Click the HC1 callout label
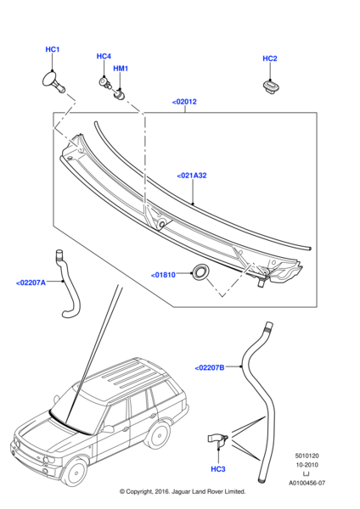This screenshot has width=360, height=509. [x=53, y=50]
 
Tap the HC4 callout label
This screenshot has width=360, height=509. [x=104, y=57]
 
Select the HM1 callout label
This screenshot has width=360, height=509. [x=121, y=69]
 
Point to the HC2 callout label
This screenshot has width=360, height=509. [x=270, y=59]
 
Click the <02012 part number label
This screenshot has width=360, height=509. [x=184, y=102]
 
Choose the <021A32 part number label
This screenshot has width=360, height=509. [x=192, y=176]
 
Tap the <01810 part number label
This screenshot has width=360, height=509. [x=163, y=275]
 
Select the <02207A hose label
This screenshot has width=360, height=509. [x=31, y=282]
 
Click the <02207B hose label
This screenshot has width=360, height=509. [x=210, y=368]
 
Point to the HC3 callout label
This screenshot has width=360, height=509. [x=218, y=469]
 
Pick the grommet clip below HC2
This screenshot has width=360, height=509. [x=271, y=87]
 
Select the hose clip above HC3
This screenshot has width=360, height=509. [x=217, y=439]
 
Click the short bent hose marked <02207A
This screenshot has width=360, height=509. [x=68, y=286]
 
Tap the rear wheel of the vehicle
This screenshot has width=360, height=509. [x=161, y=436]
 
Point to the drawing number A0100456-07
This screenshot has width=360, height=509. [x=307, y=483]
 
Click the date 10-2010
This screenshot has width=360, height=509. [x=307, y=465]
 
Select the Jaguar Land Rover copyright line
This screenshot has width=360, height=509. [x=183, y=491]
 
